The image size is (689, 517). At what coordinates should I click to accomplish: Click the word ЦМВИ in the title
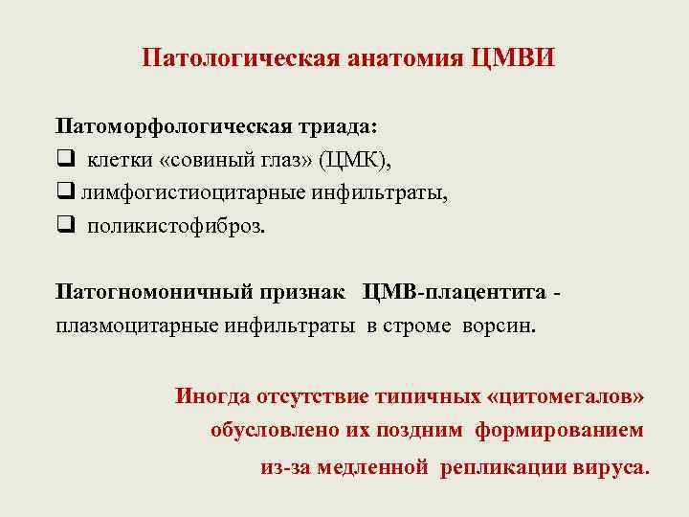pos(513,59)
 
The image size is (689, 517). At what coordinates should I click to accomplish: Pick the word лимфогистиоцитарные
pos(190,193)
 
